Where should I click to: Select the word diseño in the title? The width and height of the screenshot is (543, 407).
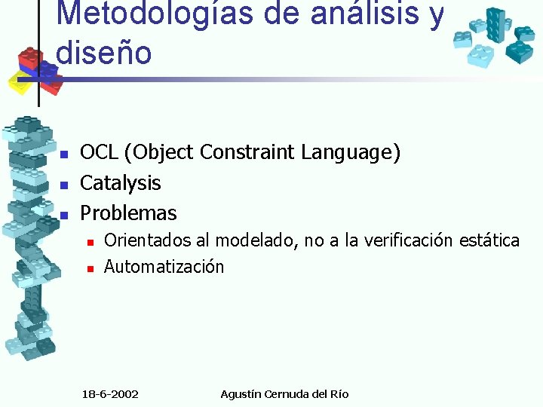[104, 52]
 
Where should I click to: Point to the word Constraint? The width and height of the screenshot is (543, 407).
[249, 153]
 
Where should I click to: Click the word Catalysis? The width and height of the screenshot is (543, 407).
[121, 183]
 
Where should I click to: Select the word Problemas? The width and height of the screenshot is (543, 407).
[128, 213]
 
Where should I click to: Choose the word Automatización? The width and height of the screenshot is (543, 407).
[164, 267]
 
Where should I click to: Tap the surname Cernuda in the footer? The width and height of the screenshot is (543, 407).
[287, 394]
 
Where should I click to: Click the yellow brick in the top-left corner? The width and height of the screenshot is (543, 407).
[20, 81]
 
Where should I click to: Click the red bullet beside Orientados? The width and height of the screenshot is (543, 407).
[89, 242]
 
